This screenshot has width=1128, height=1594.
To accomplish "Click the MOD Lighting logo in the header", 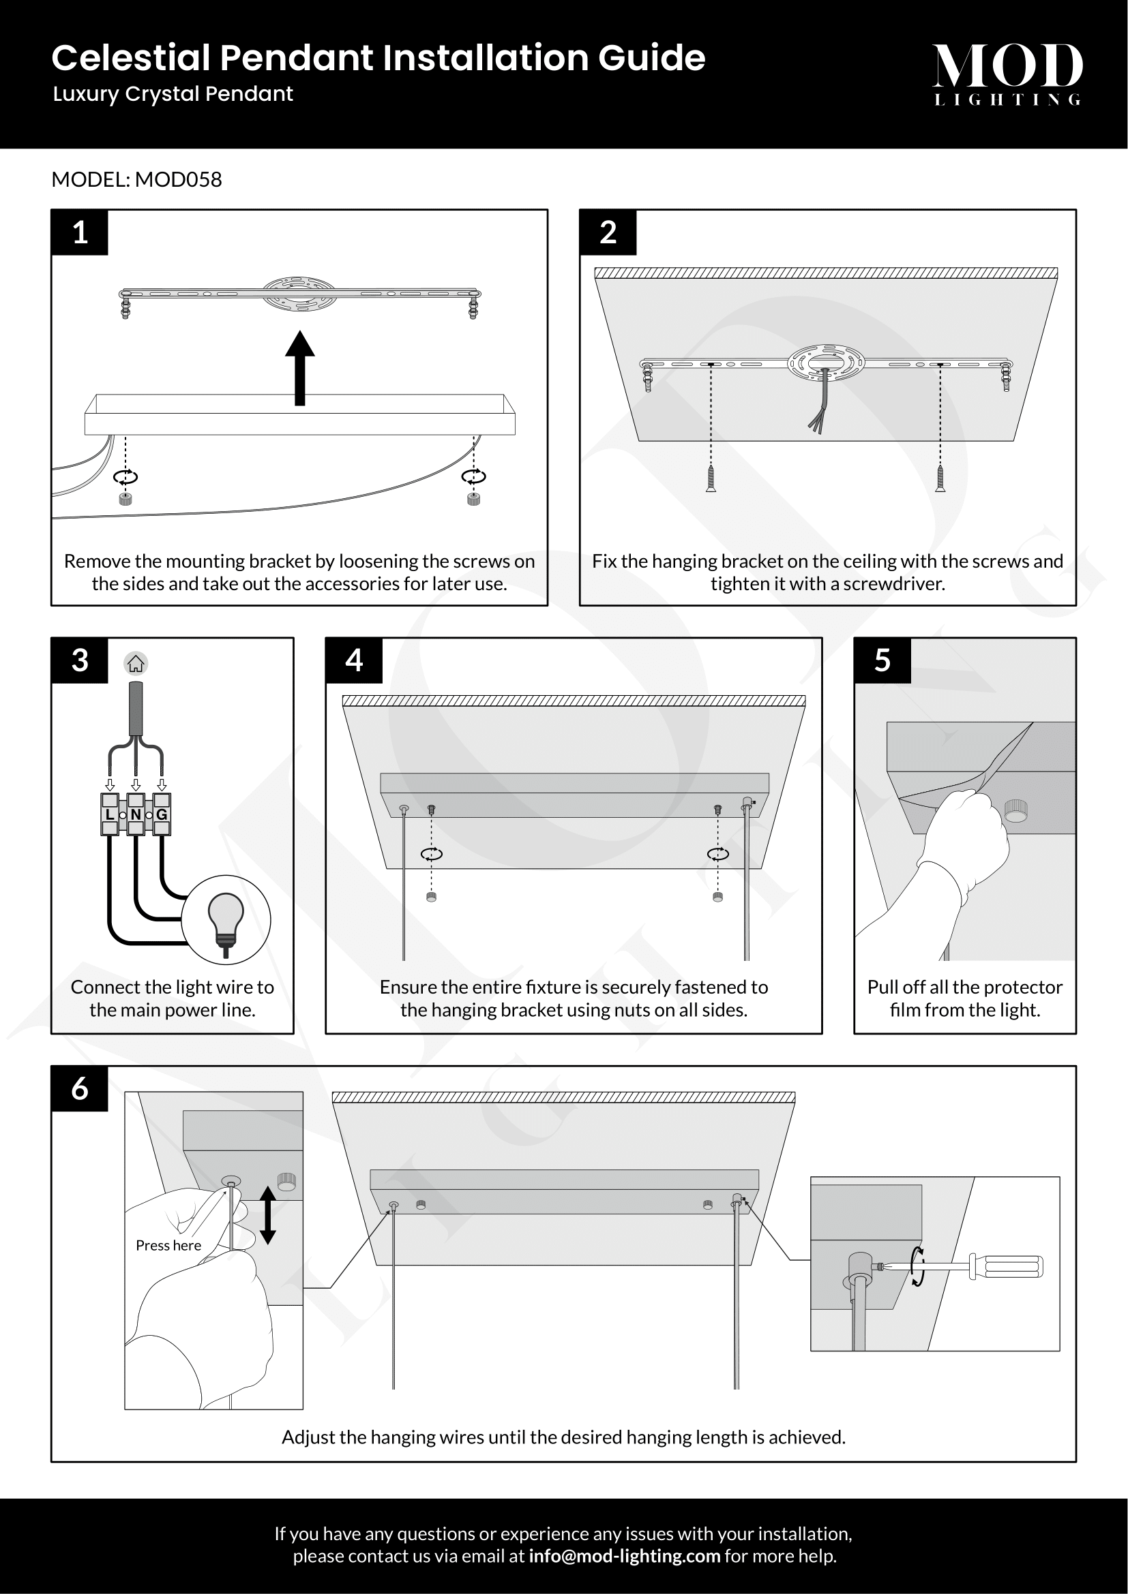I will coord(1007,74).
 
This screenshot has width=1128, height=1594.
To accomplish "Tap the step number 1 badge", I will coord(80,232).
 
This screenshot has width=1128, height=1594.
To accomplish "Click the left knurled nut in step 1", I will coord(125,498).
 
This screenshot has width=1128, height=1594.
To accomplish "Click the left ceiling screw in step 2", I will coord(711,478).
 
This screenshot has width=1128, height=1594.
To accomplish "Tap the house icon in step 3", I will coord(136,664).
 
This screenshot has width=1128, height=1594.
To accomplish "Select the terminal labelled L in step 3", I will coord(110,814).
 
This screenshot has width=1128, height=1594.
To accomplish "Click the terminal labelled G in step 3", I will coord(161,814).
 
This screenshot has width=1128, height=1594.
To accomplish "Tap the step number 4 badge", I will coord(354,660).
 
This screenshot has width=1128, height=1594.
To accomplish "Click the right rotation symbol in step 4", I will coord(717,854).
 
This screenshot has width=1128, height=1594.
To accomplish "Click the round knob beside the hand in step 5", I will coord(1015,810).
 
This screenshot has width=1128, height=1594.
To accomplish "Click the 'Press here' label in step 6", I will coord(168,1246).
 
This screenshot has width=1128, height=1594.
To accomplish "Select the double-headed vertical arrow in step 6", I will coord(268,1215).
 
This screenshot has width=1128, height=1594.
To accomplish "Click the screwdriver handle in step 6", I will coord(1007,1266).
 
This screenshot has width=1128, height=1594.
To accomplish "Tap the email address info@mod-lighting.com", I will coord(625,1556).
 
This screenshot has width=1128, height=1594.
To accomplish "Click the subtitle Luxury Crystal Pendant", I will coord(173,94).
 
